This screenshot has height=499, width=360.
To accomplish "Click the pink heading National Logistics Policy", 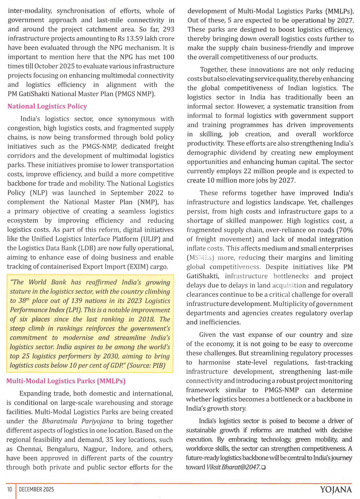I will tap(47, 106).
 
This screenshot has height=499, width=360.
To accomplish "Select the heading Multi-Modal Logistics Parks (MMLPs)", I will tap(66, 381).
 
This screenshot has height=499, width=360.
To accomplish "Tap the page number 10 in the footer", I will tap(10, 489).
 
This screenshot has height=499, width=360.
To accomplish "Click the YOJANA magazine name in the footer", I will tap(336, 490).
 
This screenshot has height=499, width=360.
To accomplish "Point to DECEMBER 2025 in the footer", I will tap(36, 489).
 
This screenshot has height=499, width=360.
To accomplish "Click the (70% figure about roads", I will tap(345, 230).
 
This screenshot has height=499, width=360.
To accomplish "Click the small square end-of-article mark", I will tap(264, 467).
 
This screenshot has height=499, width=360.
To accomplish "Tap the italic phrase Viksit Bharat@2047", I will tap(233, 467).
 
